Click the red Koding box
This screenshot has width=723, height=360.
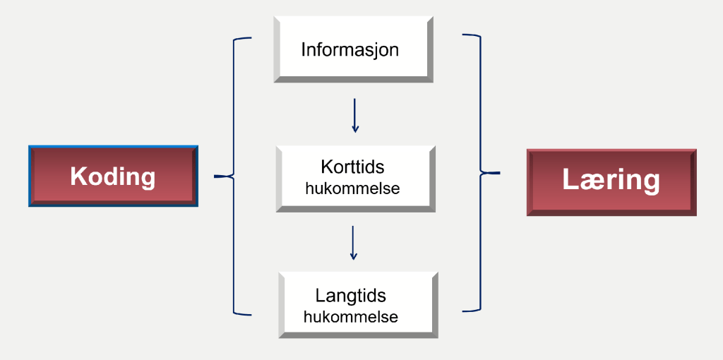[113, 176]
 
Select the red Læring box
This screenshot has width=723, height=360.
[611, 181]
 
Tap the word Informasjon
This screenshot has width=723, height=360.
[349, 50]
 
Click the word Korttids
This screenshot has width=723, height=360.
[352, 168]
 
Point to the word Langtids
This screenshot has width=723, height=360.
[351, 296]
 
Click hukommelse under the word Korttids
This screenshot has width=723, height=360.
[352, 189]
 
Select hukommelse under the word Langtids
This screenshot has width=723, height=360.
[351, 317]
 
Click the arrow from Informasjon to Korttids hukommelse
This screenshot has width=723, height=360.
[355, 115]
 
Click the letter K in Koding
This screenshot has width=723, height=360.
[78, 176]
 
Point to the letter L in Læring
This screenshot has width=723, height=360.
[570, 180]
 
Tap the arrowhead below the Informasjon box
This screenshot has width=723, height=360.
[355, 129]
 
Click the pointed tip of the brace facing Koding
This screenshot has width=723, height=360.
[216, 176]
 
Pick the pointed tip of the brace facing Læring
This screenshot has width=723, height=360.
[498, 172]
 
